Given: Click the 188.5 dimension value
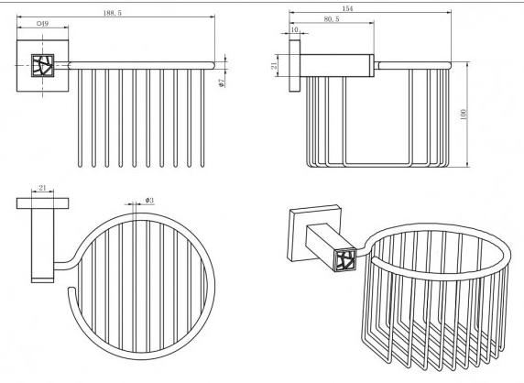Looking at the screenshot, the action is (x=113, y=13).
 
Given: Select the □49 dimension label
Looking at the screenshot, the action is (x=42, y=24).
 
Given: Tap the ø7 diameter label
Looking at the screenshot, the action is (x=221, y=82).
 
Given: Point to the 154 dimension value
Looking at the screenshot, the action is (x=347, y=8).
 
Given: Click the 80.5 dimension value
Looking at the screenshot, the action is (x=332, y=19).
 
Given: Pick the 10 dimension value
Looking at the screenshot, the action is (x=294, y=29).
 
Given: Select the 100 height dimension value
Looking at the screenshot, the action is (x=464, y=115).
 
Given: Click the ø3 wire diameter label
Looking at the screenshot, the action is (x=149, y=200).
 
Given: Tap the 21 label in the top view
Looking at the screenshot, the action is (x=42, y=188).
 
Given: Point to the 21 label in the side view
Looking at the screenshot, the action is (x=274, y=65).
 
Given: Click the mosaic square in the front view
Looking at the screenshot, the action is (x=42, y=65).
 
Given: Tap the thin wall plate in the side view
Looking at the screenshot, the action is (x=294, y=65).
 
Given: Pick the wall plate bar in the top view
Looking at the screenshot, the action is (x=42, y=203).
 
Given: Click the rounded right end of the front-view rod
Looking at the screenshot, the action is (x=213, y=65).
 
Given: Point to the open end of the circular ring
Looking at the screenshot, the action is (x=71, y=288).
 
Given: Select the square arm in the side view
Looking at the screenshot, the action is (x=336, y=65).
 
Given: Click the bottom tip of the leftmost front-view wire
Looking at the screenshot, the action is (x=80, y=165).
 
